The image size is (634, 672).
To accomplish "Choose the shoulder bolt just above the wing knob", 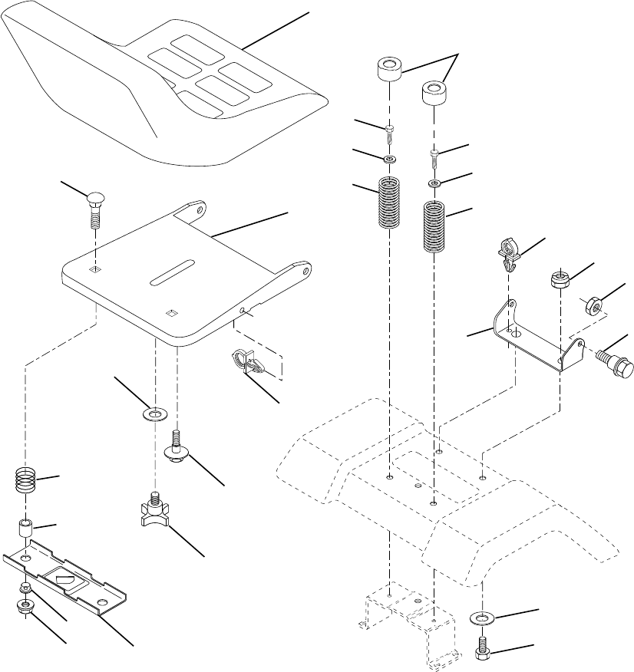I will (x=177, y=450).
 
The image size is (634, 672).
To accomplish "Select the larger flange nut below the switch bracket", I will (x=28, y=608).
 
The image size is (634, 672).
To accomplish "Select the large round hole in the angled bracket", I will (x=515, y=334).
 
